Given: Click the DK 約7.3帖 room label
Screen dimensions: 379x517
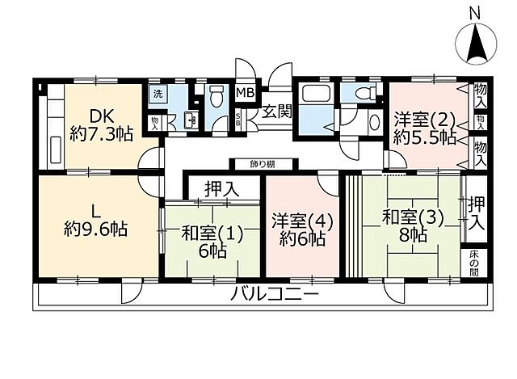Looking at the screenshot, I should (100, 125).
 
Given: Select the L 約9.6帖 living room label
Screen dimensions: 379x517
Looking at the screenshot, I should (96, 220).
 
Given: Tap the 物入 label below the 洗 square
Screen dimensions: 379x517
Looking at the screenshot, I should (155, 121).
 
